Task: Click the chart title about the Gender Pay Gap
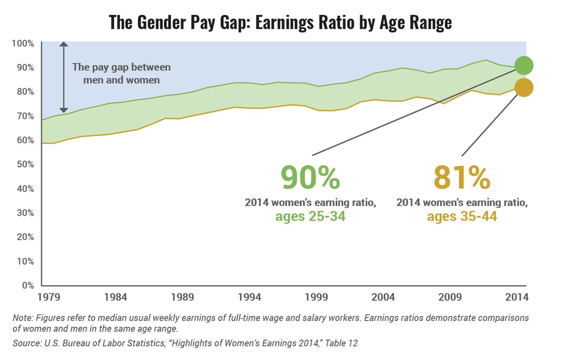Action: [x=280, y=22]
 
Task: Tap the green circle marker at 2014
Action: [x=524, y=65]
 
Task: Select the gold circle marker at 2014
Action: [x=524, y=88]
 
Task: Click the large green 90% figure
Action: [x=311, y=177]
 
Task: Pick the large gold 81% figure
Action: [x=462, y=177]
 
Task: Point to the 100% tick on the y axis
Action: [x=24, y=43]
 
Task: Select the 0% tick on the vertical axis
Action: [x=28, y=285]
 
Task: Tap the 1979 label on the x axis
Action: [x=49, y=297]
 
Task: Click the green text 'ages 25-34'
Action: [x=310, y=217]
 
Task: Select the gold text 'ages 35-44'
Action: [x=461, y=217]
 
